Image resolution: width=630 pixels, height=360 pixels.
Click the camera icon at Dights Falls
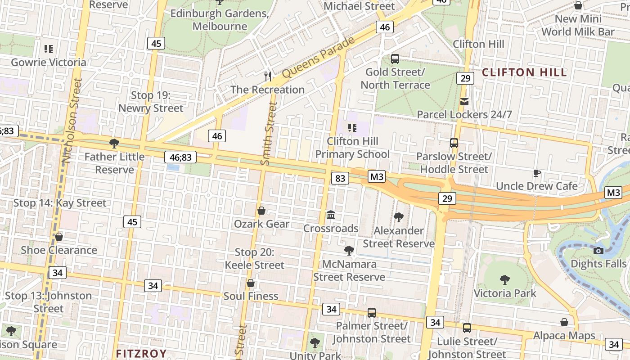(x=598, y=251)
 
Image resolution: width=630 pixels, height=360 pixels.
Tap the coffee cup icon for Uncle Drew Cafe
(x=536, y=173)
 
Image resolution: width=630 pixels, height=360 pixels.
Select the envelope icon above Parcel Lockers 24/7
(x=464, y=102)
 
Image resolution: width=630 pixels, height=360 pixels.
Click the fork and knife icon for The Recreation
(x=268, y=76)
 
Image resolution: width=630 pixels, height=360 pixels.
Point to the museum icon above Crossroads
(x=331, y=215)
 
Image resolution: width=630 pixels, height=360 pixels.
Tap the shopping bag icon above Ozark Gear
(x=261, y=211)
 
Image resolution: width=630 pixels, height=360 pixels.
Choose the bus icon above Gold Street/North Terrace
(x=395, y=59)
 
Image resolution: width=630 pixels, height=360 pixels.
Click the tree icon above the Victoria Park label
(x=505, y=280)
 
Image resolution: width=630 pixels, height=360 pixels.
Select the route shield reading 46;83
(x=180, y=157)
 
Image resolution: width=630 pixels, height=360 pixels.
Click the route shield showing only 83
(x=340, y=178)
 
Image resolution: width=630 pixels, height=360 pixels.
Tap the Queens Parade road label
(x=319, y=57)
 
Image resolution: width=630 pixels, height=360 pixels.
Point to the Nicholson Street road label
(x=72, y=121)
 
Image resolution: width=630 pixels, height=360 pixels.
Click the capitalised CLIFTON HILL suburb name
(x=524, y=72)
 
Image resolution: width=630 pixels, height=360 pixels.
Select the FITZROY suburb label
(x=141, y=354)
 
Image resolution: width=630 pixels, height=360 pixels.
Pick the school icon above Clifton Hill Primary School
(x=352, y=128)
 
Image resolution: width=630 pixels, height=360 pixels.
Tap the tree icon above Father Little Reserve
(x=114, y=144)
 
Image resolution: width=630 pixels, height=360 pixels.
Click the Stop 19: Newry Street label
(x=151, y=102)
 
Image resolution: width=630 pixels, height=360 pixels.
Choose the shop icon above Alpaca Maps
(x=564, y=322)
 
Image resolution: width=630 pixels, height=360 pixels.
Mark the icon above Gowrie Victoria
(x=49, y=49)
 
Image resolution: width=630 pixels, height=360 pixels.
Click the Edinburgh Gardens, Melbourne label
(x=220, y=20)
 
